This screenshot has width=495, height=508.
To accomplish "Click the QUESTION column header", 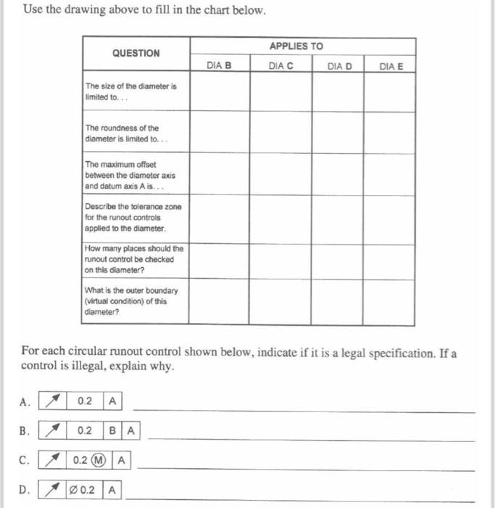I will pyautogui.click(x=136, y=53).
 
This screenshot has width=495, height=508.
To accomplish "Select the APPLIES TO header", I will pyautogui.click(x=296, y=46).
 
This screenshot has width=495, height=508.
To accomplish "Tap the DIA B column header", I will pyautogui.click(x=219, y=66).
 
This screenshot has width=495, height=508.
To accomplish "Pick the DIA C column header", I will pyautogui.click(x=280, y=66).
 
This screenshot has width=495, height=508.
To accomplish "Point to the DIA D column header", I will pyautogui.click(x=339, y=66).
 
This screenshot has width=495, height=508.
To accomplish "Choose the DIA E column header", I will pyautogui.click(x=391, y=66).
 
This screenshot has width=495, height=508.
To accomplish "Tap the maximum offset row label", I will pyautogui.click(x=130, y=175).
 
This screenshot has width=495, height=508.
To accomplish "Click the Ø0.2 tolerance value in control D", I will pyautogui.click(x=86, y=491).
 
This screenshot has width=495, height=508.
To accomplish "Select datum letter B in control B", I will pyautogui.click(x=114, y=431).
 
